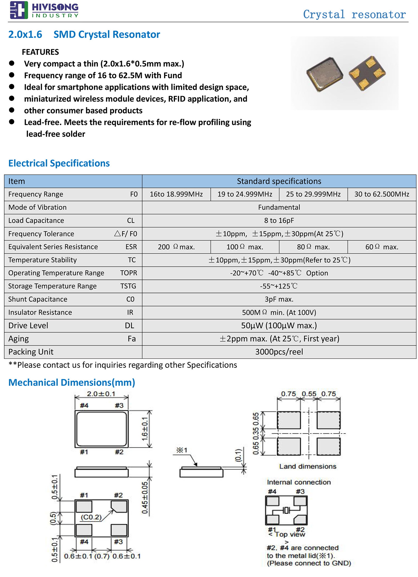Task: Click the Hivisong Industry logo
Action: click(x=44, y=10)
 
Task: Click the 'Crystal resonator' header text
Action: click(x=354, y=15)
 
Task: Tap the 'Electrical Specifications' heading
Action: click(x=59, y=163)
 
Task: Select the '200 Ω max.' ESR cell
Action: click(x=176, y=247)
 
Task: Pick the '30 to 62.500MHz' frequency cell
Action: click(x=381, y=194)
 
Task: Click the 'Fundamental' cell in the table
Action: click(x=279, y=207)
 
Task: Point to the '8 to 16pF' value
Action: click(x=279, y=220)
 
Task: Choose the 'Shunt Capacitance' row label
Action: click(x=38, y=299)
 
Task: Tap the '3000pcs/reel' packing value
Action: click(x=279, y=352)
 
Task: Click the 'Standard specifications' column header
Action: click(x=279, y=181)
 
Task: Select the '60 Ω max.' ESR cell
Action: click(x=381, y=247)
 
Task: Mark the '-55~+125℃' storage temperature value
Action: click(x=279, y=286)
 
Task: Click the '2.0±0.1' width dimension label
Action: click(x=101, y=394)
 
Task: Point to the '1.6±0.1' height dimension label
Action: click(x=145, y=429)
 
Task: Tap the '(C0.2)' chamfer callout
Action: click(x=91, y=517)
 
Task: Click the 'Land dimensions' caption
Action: click(x=308, y=466)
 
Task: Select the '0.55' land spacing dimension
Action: click(x=309, y=394)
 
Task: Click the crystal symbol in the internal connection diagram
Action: click(x=286, y=510)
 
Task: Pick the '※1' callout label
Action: click(x=182, y=450)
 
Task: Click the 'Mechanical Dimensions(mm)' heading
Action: click(x=72, y=382)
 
